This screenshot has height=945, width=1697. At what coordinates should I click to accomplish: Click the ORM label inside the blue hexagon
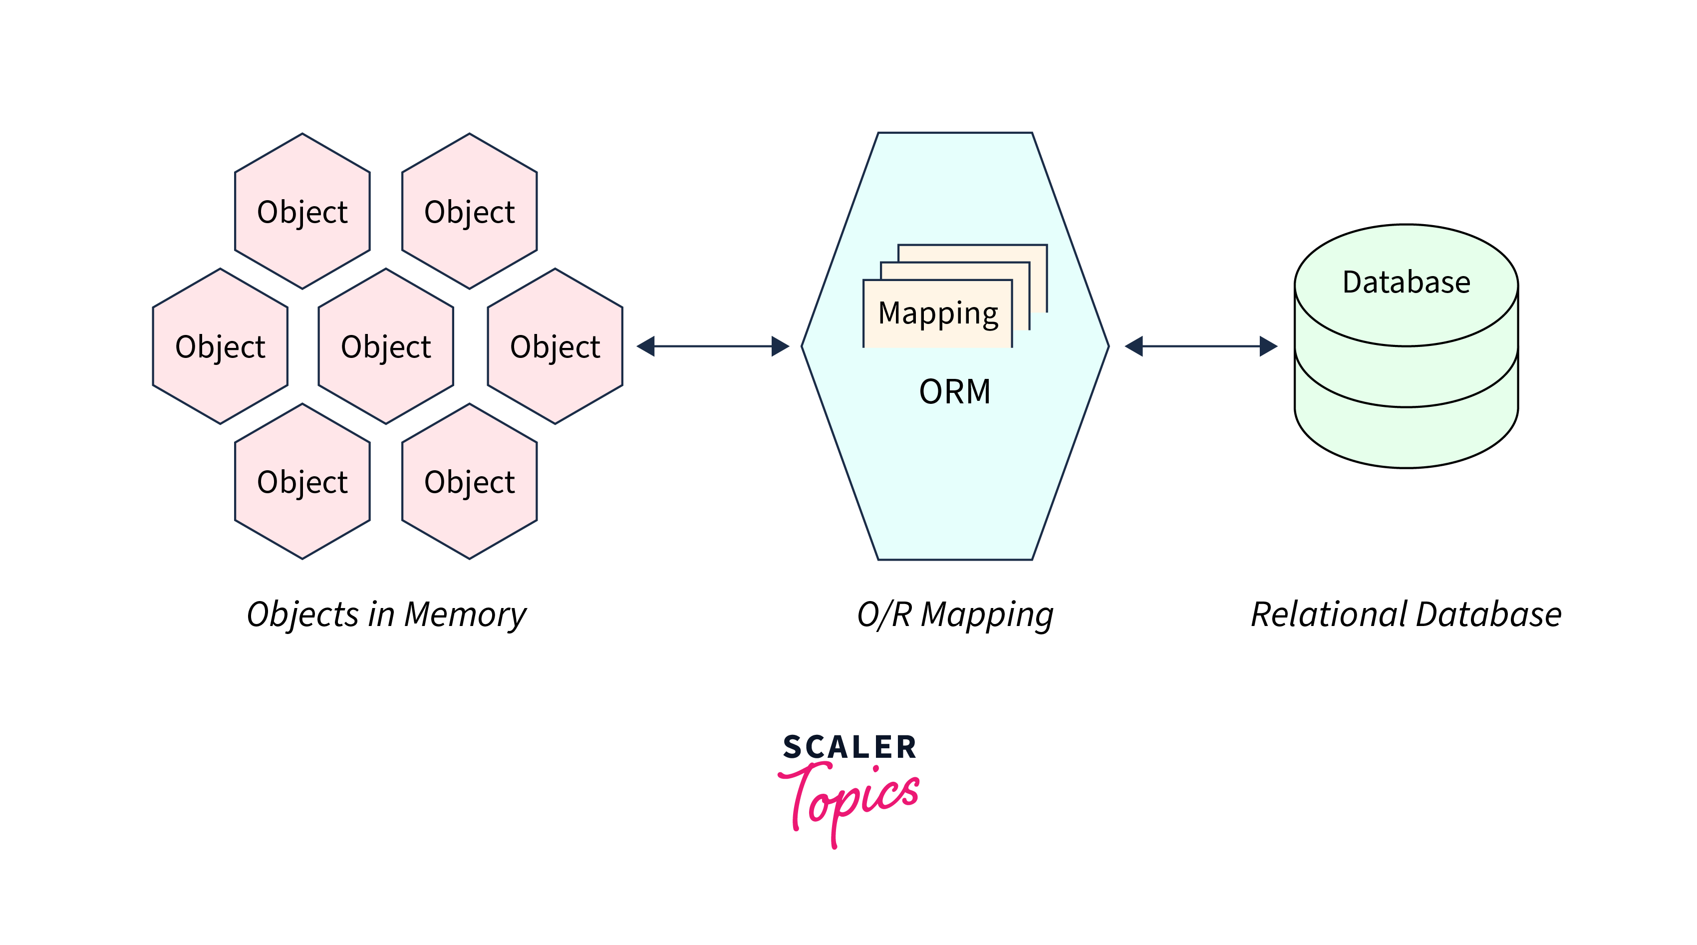pyautogui.click(x=954, y=391)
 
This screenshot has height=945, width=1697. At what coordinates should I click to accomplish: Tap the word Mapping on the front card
pyautogui.click(x=938, y=313)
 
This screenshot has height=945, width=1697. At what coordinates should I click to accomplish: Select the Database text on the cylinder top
pyautogui.click(x=1406, y=282)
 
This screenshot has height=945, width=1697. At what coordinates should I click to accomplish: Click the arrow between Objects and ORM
pyautogui.click(x=713, y=346)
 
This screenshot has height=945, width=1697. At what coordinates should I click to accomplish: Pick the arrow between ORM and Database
pyautogui.click(x=1200, y=346)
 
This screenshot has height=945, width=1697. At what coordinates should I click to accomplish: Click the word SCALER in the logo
pyautogui.click(x=849, y=747)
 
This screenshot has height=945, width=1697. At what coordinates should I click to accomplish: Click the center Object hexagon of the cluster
pyautogui.click(x=386, y=346)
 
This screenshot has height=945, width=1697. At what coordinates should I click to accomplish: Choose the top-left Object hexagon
pyautogui.click(x=302, y=212)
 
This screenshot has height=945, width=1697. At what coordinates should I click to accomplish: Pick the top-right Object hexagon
pyautogui.click(x=469, y=212)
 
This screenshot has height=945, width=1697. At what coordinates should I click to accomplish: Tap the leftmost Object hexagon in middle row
pyautogui.click(x=220, y=346)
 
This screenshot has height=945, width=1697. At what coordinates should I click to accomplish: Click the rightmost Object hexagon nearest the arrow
pyautogui.click(x=555, y=346)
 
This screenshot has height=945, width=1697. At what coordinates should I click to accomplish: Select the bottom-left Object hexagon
pyautogui.click(x=302, y=482)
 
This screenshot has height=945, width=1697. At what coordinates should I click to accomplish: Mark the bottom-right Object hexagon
pyautogui.click(x=469, y=482)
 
